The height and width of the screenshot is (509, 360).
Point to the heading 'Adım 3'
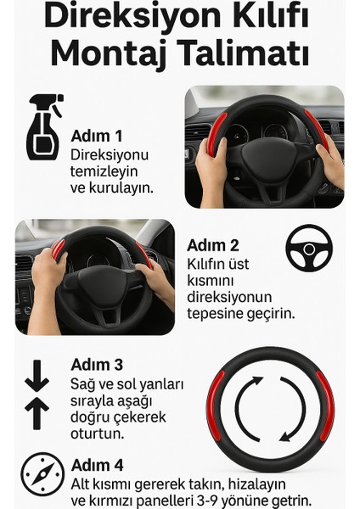[98, 365]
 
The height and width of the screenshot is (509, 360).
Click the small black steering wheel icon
[309, 248]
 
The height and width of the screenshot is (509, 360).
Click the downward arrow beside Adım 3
[37, 376]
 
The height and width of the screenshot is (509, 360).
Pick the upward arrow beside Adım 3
[37, 413]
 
